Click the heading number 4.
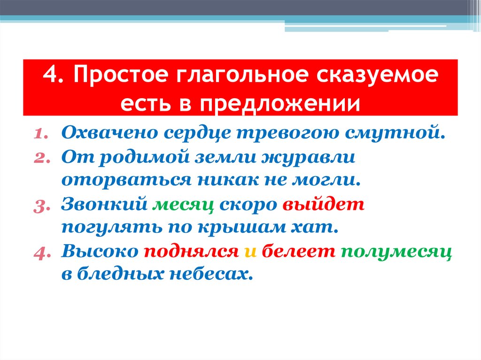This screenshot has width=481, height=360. [50, 76]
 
